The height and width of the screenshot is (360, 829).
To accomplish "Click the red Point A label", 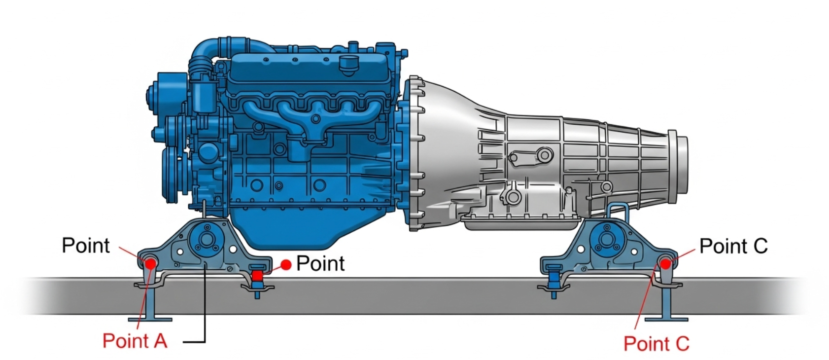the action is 135,341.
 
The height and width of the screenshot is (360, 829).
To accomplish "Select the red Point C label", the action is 656,344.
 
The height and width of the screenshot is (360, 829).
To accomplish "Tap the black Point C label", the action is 733,246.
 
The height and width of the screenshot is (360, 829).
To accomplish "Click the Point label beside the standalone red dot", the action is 320,263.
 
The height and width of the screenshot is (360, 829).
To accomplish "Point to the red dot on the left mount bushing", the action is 151,264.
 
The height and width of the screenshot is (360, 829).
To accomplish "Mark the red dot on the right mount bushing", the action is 665,264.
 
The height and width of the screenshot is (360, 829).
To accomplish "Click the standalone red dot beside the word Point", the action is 286,264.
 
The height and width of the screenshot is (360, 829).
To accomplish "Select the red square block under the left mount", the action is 257,276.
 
